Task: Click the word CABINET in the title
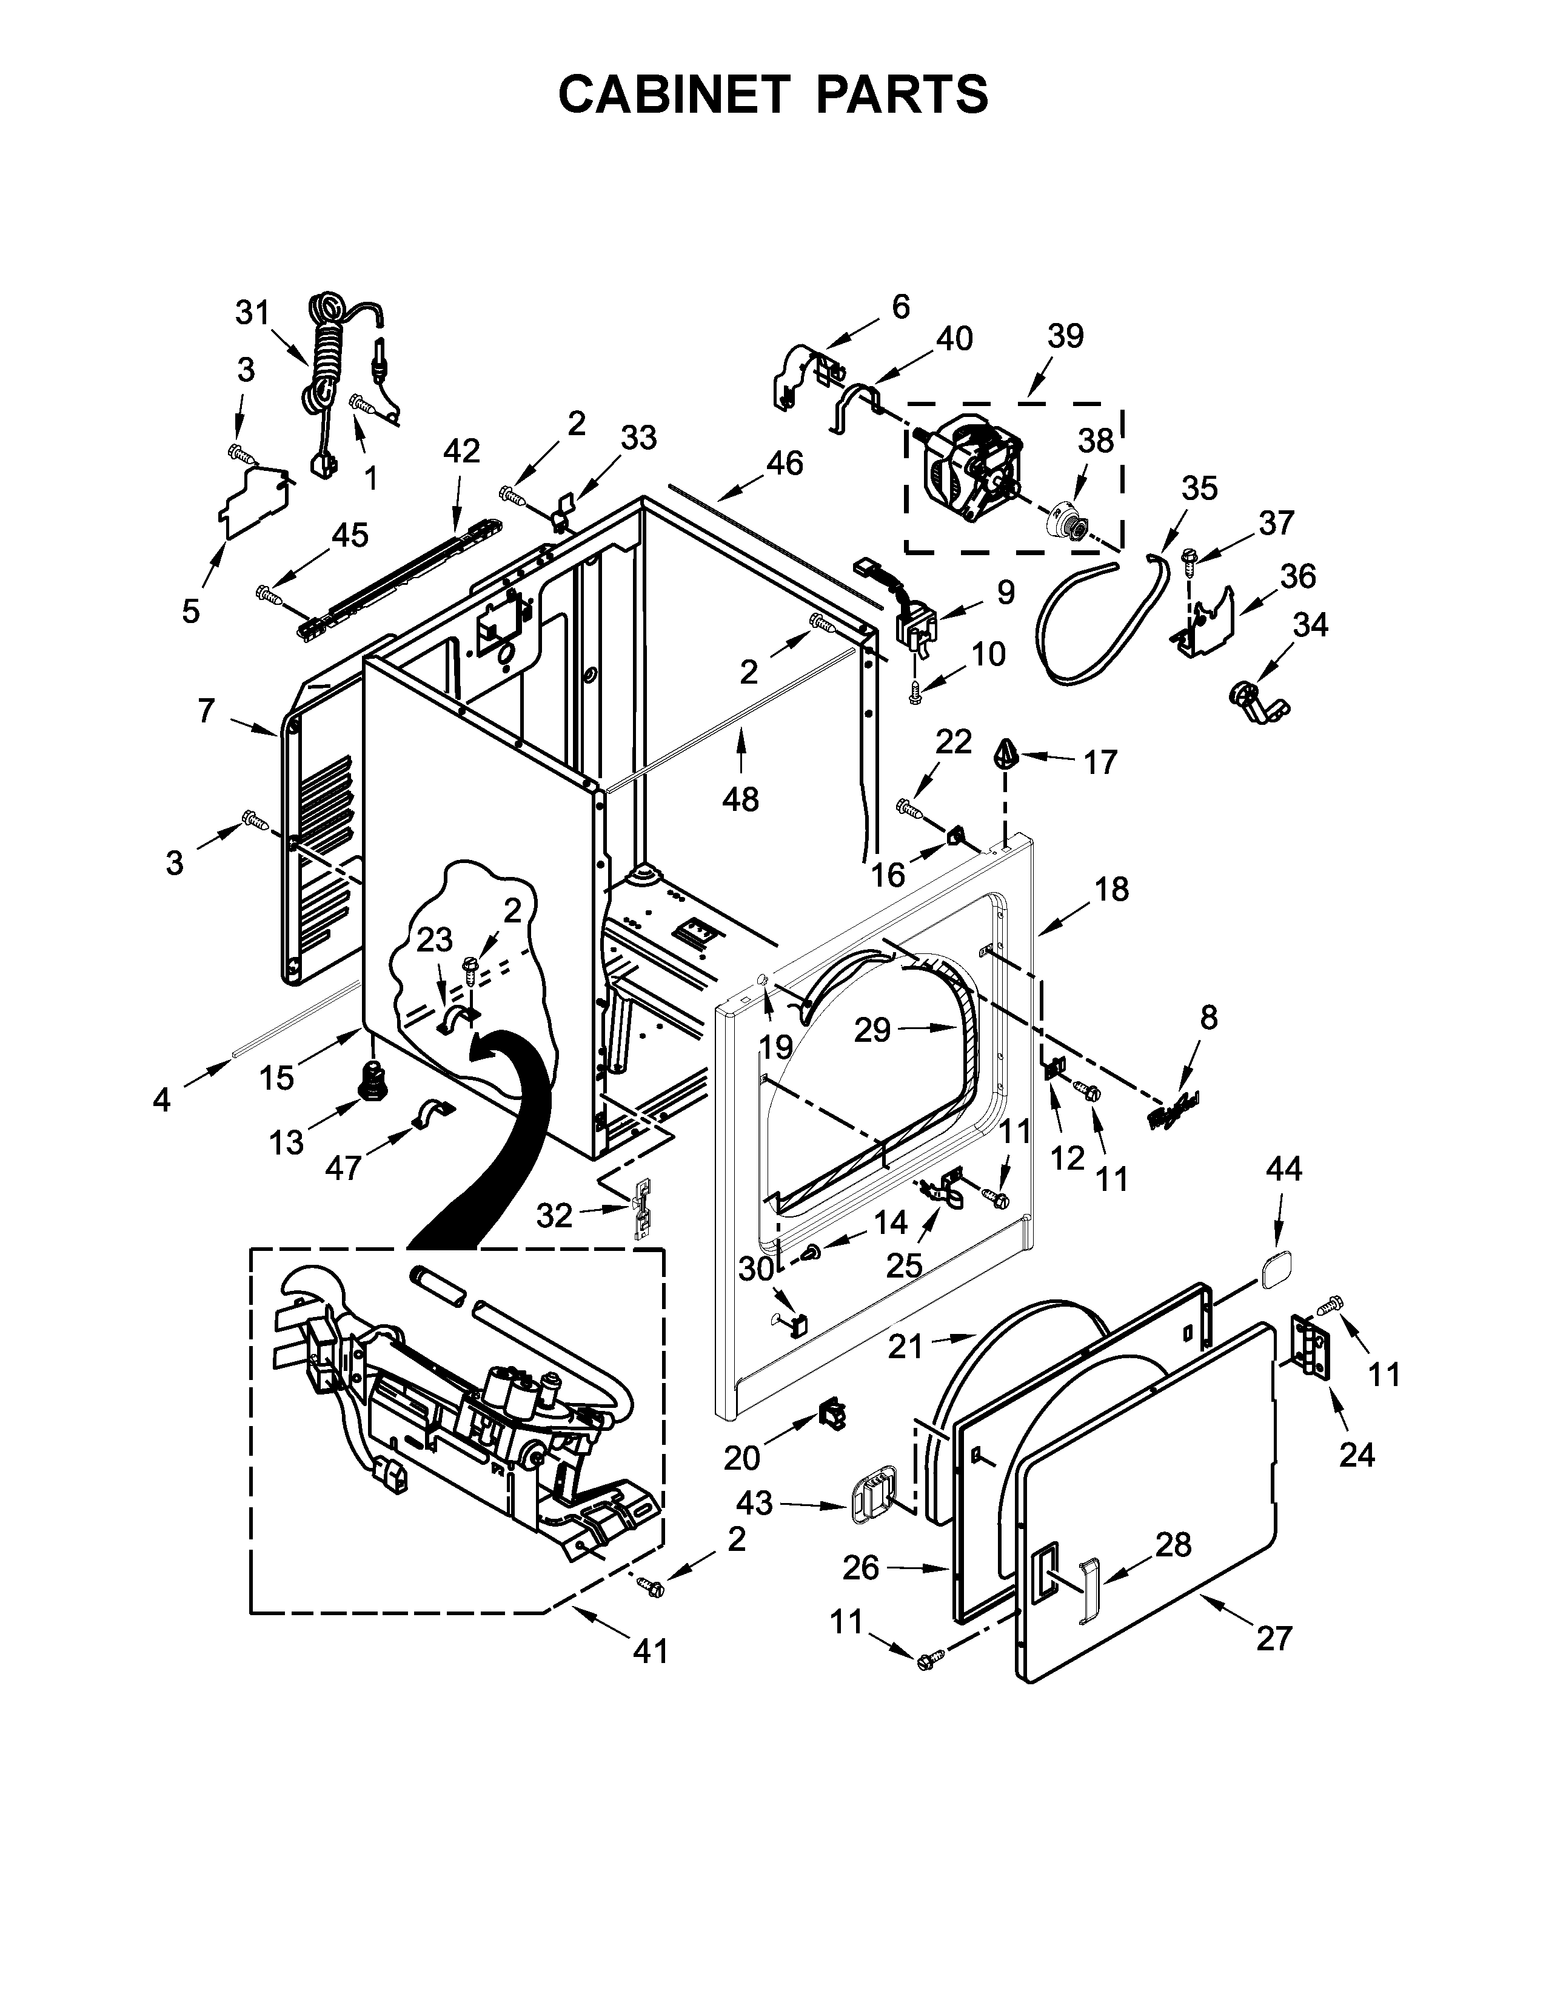(x=673, y=95)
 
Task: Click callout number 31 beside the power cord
(x=253, y=313)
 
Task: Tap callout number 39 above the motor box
(x=1065, y=336)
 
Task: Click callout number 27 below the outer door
(x=1273, y=1638)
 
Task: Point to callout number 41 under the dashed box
(x=651, y=1651)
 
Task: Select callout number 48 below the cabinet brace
(x=740, y=799)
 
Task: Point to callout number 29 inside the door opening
(x=872, y=1030)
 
